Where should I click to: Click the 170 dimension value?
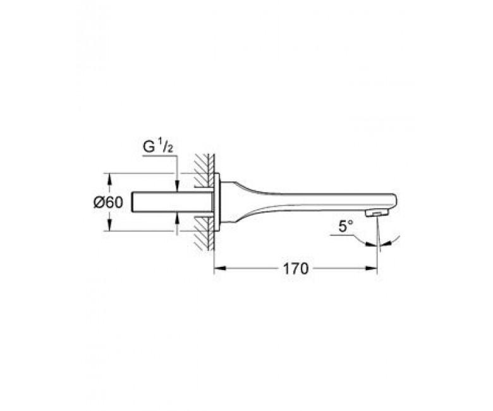[296, 269]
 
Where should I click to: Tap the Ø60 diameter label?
[108, 202]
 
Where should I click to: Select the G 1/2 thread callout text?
[158, 147]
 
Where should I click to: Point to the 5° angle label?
[346, 226]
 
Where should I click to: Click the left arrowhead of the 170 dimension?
[220, 268]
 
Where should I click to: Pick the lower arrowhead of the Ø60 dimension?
[109, 224]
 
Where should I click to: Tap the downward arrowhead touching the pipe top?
[178, 185]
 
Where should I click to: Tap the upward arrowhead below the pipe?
[178, 218]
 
